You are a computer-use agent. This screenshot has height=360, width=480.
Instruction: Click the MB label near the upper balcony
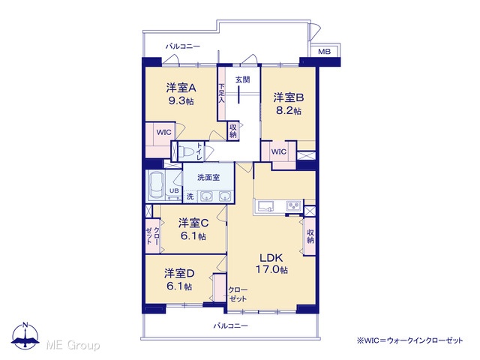click(324, 52)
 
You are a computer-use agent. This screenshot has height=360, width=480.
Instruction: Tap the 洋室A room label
click(181, 88)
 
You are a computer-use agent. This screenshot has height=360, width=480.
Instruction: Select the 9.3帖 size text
click(181, 101)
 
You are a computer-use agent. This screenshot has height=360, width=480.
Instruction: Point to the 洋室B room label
click(288, 97)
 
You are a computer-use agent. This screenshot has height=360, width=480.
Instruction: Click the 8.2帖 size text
click(288, 110)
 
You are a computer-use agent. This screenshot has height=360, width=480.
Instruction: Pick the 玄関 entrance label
click(242, 79)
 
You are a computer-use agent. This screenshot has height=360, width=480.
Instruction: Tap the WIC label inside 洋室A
click(163, 132)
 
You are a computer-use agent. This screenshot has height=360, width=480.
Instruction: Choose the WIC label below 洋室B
click(278, 151)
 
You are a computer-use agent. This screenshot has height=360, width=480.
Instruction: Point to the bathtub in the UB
click(157, 185)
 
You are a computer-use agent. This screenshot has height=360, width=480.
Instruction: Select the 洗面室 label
click(208, 177)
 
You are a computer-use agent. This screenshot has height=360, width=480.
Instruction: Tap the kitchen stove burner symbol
click(294, 205)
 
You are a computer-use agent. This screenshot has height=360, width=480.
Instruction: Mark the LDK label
click(271, 257)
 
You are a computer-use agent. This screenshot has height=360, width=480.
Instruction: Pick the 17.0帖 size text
click(271, 270)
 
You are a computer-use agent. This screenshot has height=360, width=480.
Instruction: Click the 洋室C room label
click(193, 223)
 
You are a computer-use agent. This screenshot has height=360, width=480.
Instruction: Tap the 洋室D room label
click(179, 273)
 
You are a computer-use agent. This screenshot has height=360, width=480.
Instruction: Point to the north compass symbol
click(25, 336)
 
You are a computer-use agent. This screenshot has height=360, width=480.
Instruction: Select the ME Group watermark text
click(73, 345)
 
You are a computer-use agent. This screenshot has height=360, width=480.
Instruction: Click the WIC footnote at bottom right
click(410, 340)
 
